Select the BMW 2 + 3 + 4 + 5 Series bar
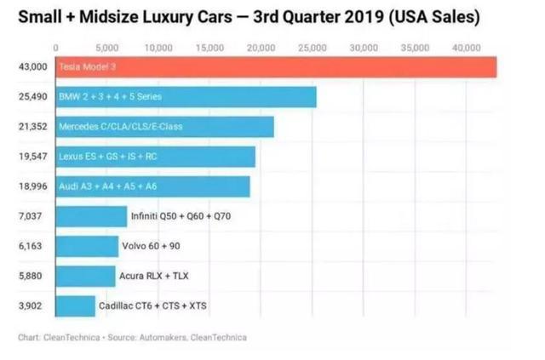[x=186, y=97]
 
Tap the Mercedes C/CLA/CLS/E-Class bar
[x=164, y=127]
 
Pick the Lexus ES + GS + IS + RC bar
[x=155, y=157]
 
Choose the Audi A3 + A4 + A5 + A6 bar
[x=152, y=186]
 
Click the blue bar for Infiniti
[x=90, y=216]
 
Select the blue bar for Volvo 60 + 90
[x=87, y=246]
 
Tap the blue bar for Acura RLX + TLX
[x=85, y=276]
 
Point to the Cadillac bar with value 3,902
[x=75, y=306]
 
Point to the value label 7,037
[x=32, y=216]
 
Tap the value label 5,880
[x=32, y=276]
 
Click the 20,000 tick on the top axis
[x=261, y=48]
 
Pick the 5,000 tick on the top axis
[x=107, y=48]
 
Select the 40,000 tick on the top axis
[x=467, y=48]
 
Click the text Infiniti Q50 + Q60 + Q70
[x=181, y=217]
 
